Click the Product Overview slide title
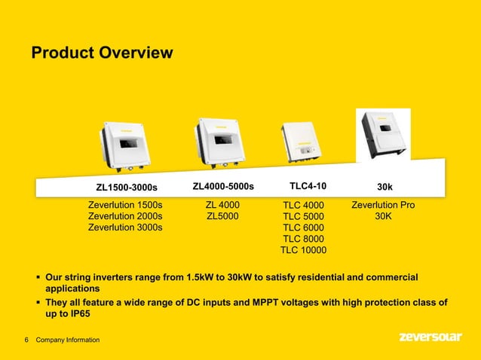point(102,53)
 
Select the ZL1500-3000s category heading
point(127,187)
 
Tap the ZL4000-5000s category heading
point(223,186)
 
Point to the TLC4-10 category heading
point(308,186)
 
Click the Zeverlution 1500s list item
point(125,205)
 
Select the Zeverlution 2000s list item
point(125,216)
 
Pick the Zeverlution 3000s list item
point(125,227)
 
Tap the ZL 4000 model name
point(223,205)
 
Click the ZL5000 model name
point(223,216)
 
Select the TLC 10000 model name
point(303,250)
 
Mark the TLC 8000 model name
point(303,239)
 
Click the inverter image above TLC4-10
point(304,142)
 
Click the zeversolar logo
point(430,337)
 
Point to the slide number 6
point(26,340)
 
